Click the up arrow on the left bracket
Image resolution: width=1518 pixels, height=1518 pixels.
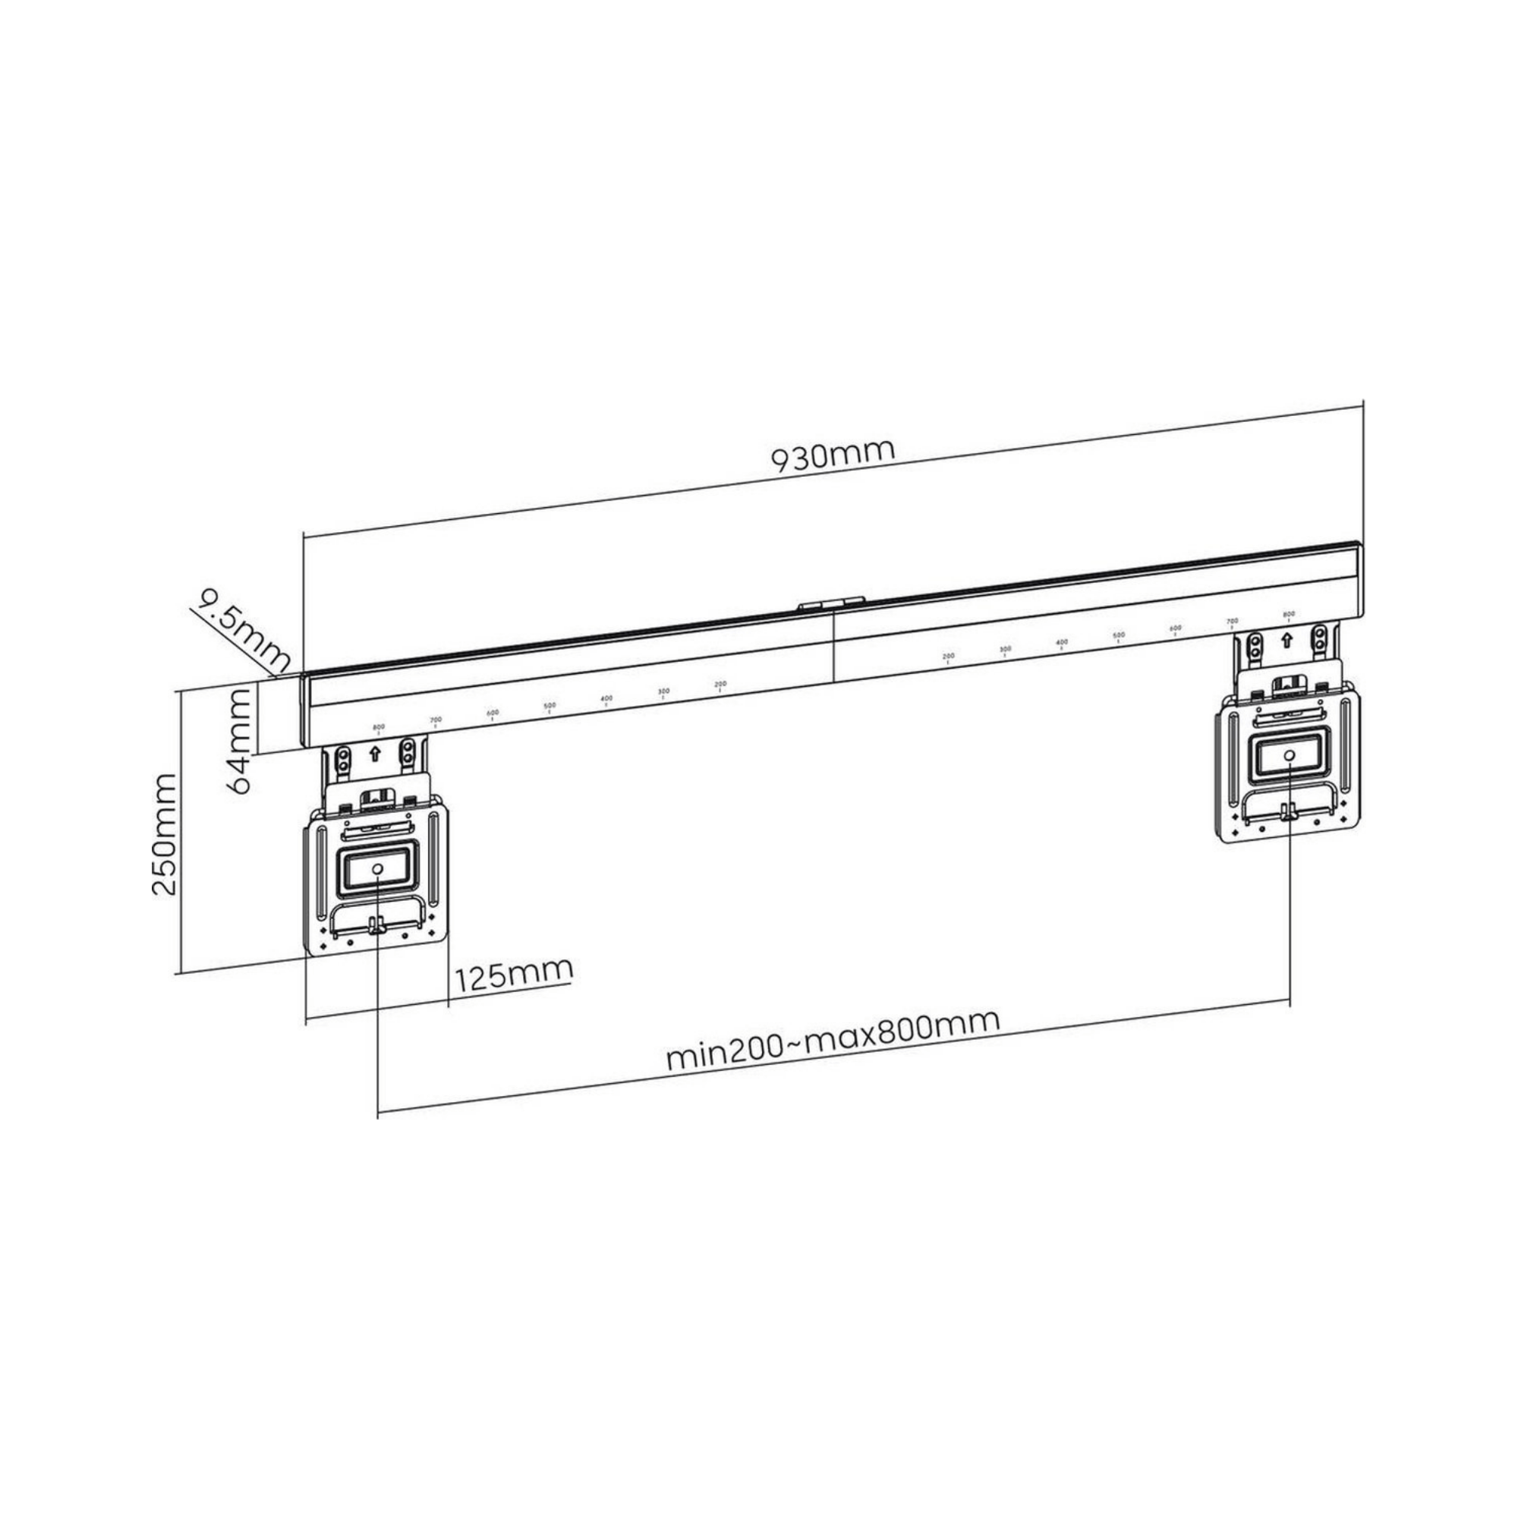pos(375,754)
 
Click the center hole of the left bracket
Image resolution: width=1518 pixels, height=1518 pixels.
pos(376,869)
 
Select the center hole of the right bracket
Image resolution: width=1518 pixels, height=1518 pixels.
pos(1290,754)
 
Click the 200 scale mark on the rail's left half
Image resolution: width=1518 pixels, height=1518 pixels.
pos(720,685)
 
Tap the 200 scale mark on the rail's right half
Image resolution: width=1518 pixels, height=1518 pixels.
pos(948,657)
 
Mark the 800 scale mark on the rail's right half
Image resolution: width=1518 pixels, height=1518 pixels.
pos(1289,615)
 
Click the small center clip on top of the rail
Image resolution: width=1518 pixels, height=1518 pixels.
pos(830,603)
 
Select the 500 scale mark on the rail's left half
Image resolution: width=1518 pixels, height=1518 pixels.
pos(550,707)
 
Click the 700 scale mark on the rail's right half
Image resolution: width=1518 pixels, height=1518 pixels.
pos(1232,622)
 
